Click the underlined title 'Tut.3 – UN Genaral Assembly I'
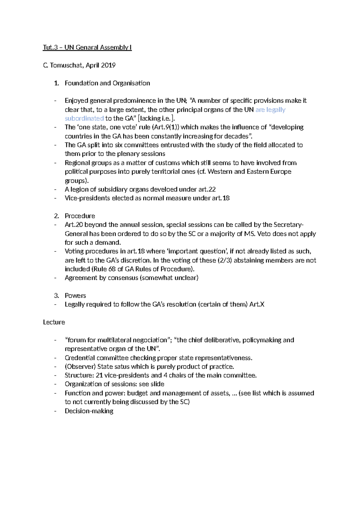click(x=87, y=47)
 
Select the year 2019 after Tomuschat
click(x=108, y=65)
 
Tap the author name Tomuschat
click(x=66, y=65)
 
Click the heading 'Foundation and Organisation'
click(x=107, y=83)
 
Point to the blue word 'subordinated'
click(x=84, y=118)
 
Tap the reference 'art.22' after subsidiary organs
click(x=207, y=189)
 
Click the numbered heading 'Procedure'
click(x=80, y=216)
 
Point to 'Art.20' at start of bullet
click(x=73, y=225)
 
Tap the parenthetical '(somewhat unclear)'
click(x=169, y=278)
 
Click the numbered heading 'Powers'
click(x=75, y=296)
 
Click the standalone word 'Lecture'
click(x=54, y=322)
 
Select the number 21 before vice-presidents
click(x=99, y=375)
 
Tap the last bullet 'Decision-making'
click(x=89, y=411)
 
